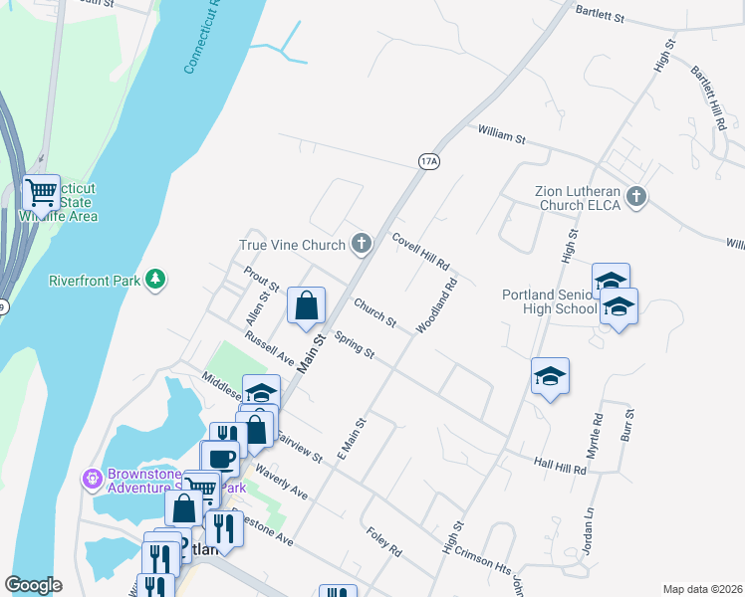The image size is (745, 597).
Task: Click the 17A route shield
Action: [428, 161]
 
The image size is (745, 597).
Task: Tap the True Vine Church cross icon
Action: [361, 243]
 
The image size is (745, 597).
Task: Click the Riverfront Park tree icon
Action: [154, 280]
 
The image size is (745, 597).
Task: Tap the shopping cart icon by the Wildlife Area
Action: [41, 192]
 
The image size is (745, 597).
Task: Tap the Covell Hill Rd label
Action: [420, 252]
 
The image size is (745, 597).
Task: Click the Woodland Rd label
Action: [436, 304]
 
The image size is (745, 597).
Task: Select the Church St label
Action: [374, 314]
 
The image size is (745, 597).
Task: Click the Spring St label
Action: [355, 345]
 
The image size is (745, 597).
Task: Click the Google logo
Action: [33, 585]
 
